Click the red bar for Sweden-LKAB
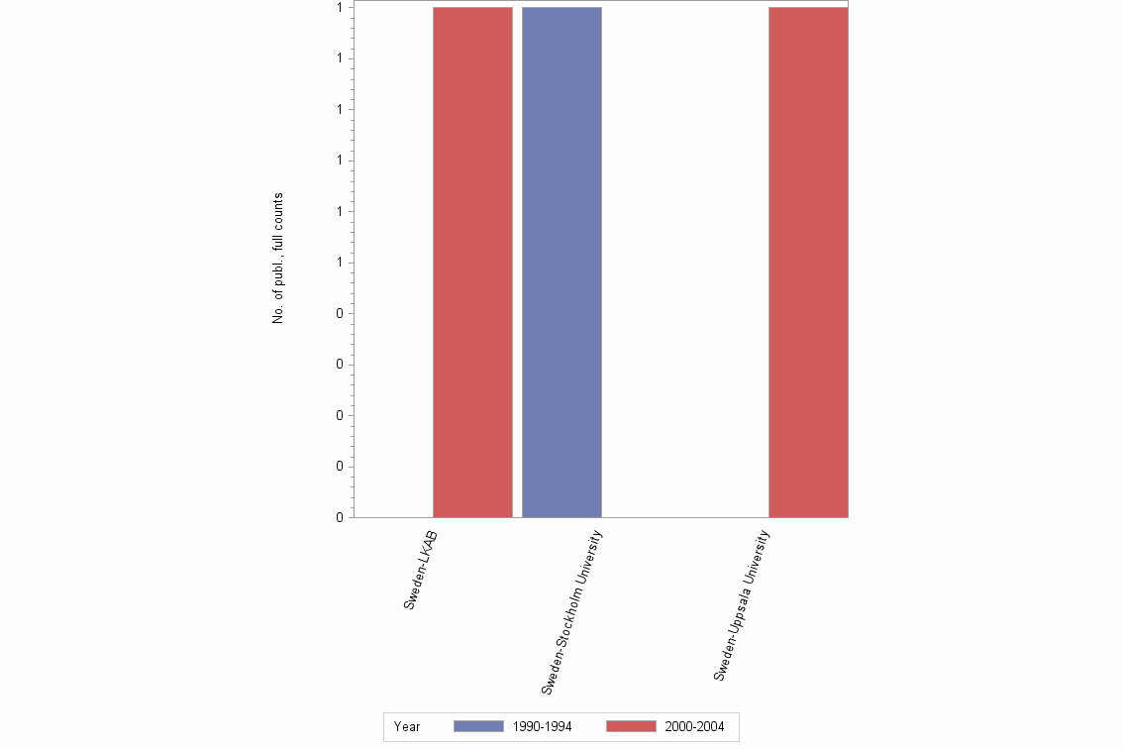coord(472,262)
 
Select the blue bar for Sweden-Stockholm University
coord(561,262)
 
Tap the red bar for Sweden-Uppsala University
coord(808,262)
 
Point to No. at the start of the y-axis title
coord(278,314)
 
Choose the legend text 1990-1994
coord(542,727)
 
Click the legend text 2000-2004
coord(694,727)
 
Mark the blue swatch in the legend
coord(478,727)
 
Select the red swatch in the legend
coord(631,727)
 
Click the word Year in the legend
coord(407,727)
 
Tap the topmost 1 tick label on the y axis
coord(340,8)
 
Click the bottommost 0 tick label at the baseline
coord(340,517)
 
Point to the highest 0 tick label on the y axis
coord(340,314)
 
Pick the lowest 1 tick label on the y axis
coord(340,263)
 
